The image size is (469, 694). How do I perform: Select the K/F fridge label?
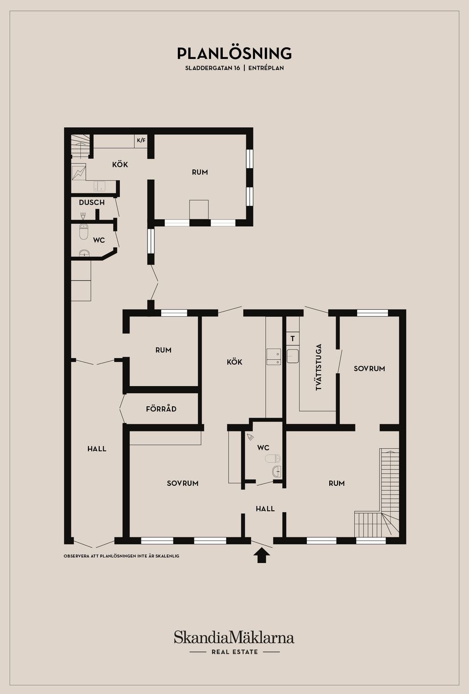point(141,140)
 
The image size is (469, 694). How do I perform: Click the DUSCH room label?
point(92,202)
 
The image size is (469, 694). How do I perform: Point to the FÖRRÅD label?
point(161,409)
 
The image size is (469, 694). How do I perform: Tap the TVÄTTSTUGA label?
point(319,367)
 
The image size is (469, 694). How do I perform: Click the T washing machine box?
point(293,339)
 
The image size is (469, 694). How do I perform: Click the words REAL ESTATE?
point(234,652)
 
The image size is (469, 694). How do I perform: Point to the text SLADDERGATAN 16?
point(213,68)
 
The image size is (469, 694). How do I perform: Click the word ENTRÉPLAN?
point(266,68)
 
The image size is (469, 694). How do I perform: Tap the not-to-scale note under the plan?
point(122,556)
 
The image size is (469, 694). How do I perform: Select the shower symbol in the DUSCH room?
point(83,216)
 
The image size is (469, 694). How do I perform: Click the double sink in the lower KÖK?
point(274,357)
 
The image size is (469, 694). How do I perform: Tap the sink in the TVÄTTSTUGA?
point(293,356)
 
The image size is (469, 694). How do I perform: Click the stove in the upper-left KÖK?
point(79,173)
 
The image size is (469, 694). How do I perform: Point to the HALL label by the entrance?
point(265,509)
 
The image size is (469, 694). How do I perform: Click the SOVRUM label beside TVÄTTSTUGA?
point(369,369)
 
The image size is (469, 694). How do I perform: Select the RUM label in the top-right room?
point(200,172)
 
